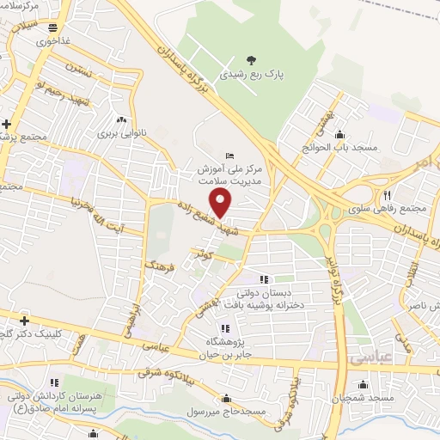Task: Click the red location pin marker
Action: click(222, 203)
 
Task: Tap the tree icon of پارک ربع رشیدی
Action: click(251, 59)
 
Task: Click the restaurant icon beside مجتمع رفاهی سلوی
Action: click(388, 194)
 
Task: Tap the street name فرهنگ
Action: click(160, 266)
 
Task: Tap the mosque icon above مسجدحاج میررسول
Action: click(225, 399)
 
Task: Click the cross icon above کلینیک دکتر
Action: click(25, 321)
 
